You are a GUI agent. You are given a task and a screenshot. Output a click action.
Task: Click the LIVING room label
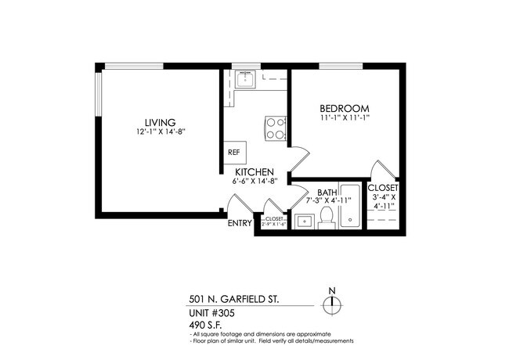tap(159, 121)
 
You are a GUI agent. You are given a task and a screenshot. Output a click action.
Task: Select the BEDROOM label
tap(344, 107)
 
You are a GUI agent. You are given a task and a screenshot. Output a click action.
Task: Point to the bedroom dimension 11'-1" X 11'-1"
tap(345, 117)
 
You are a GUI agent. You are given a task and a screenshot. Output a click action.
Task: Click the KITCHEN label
tap(252, 171)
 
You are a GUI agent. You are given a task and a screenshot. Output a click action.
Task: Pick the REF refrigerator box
tap(234, 153)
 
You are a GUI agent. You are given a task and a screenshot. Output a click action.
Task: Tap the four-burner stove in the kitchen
tap(274, 128)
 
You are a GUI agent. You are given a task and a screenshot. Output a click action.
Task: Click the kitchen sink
tap(245, 79)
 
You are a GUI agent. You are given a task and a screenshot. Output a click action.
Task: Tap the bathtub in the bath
tap(351, 210)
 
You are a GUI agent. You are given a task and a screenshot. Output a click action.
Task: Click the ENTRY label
tap(240, 223)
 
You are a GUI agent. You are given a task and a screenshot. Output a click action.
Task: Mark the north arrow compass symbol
tap(332, 303)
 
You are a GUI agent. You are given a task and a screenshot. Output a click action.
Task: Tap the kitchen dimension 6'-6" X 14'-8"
tap(254, 182)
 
